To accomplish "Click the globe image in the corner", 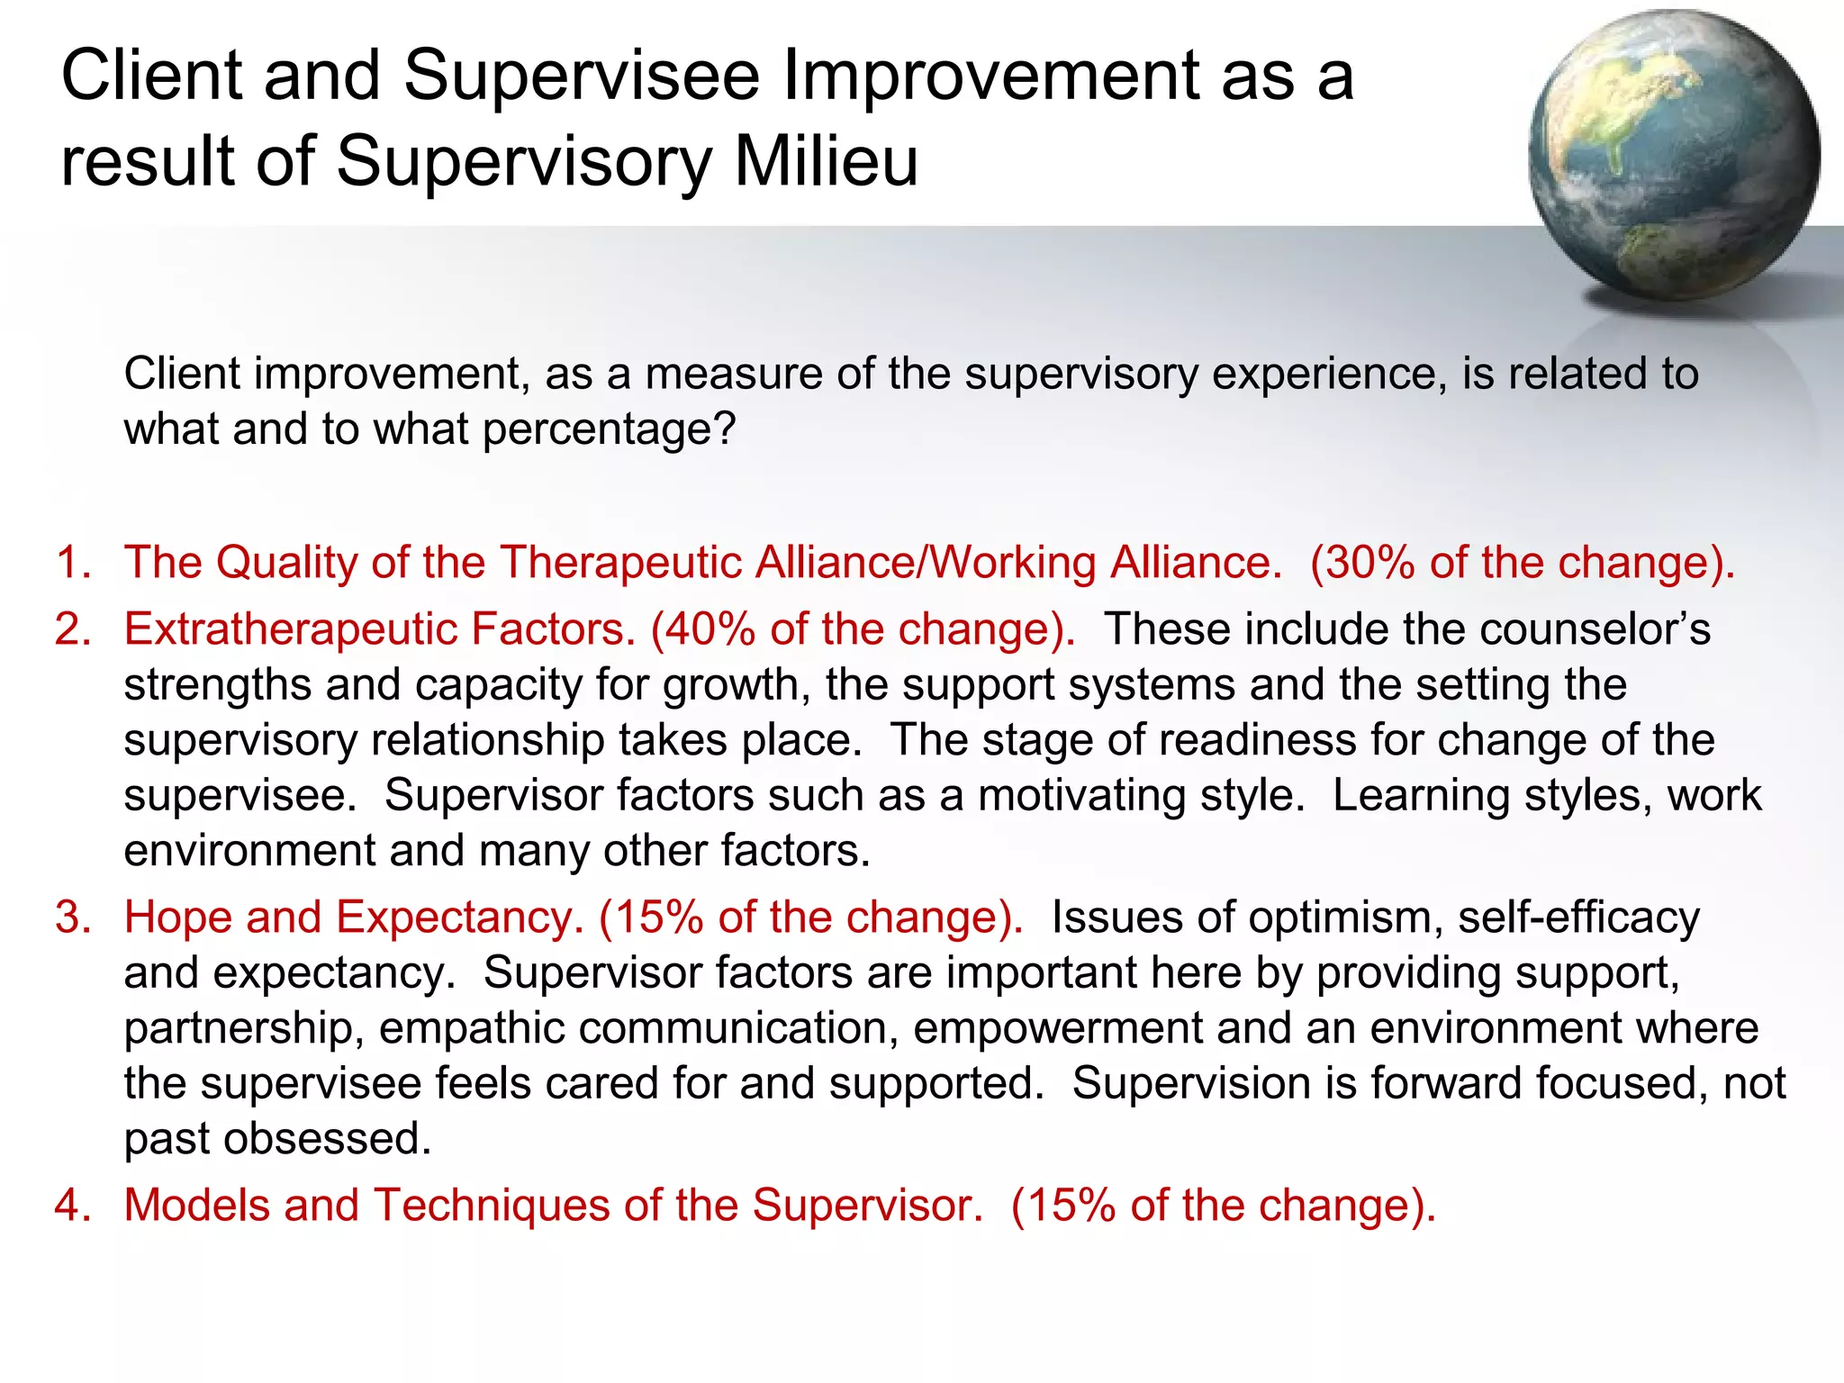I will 1673,155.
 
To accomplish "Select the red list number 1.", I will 72,563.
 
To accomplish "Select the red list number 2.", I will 72,629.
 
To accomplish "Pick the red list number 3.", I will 72,917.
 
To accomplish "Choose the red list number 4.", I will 72,1206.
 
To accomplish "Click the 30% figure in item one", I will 1369,563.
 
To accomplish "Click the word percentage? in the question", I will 610,429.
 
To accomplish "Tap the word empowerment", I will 1057,1028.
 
